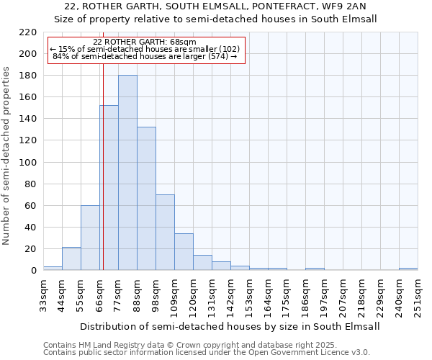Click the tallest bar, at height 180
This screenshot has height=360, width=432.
coord(127,173)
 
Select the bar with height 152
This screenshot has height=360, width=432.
coord(109,188)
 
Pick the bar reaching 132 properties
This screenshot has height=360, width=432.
coord(146,199)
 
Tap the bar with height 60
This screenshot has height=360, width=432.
coord(90,238)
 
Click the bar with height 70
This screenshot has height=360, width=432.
coord(165,232)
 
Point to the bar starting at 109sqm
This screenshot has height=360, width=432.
coord(184,252)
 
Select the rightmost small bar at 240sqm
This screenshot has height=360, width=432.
coord(408,269)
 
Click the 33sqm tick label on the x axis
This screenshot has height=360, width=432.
coord(43,295)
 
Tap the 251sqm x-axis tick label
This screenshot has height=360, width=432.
coord(418,295)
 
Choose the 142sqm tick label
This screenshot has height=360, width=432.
coord(230,295)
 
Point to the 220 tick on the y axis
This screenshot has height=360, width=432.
coord(29,32)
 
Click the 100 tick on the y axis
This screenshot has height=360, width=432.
coord(29,162)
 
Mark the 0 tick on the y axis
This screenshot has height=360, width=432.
coord(34,271)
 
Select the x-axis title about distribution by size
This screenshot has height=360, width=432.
coord(230,326)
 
